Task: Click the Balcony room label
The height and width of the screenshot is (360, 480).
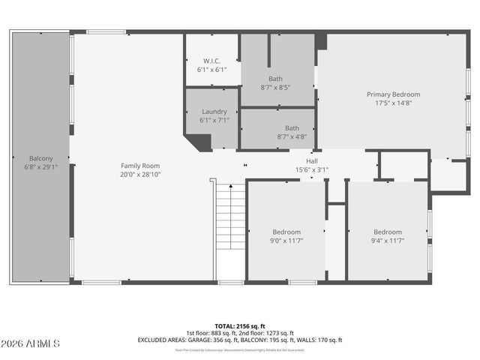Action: (x=40, y=158)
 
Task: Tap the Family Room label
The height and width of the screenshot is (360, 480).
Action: (x=141, y=165)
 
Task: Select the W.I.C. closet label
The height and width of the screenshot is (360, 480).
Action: (x=211, y=61)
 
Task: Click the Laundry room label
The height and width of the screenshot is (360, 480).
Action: (x=214, y=112)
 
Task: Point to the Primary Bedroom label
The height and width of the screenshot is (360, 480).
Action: (x=393, y=94)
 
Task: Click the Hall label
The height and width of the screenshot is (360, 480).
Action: (x=312, y=161)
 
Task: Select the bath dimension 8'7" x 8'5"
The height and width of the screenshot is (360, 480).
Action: (x=275, y=87)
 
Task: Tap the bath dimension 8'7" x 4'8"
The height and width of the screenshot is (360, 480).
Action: (x=292, y=136)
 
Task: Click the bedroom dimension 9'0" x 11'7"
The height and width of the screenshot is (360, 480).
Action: (x=286, y=241)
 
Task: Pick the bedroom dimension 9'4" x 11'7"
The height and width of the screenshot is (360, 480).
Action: (x=388, y=241)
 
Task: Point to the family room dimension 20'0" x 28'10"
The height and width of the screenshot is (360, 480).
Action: (x=141, y=174)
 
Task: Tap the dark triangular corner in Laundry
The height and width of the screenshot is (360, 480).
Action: (x=199, y=142)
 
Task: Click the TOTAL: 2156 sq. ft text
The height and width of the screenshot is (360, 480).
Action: (x=239, y=325)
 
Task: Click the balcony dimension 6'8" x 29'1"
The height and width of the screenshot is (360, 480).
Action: (x=40, y=167)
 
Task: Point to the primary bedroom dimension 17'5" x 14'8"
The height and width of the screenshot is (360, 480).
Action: (x=393, y=103)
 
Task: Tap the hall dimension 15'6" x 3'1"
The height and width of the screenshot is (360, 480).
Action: (x=312, y=169)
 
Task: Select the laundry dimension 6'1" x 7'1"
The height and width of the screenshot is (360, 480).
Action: (x=214, y=120)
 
